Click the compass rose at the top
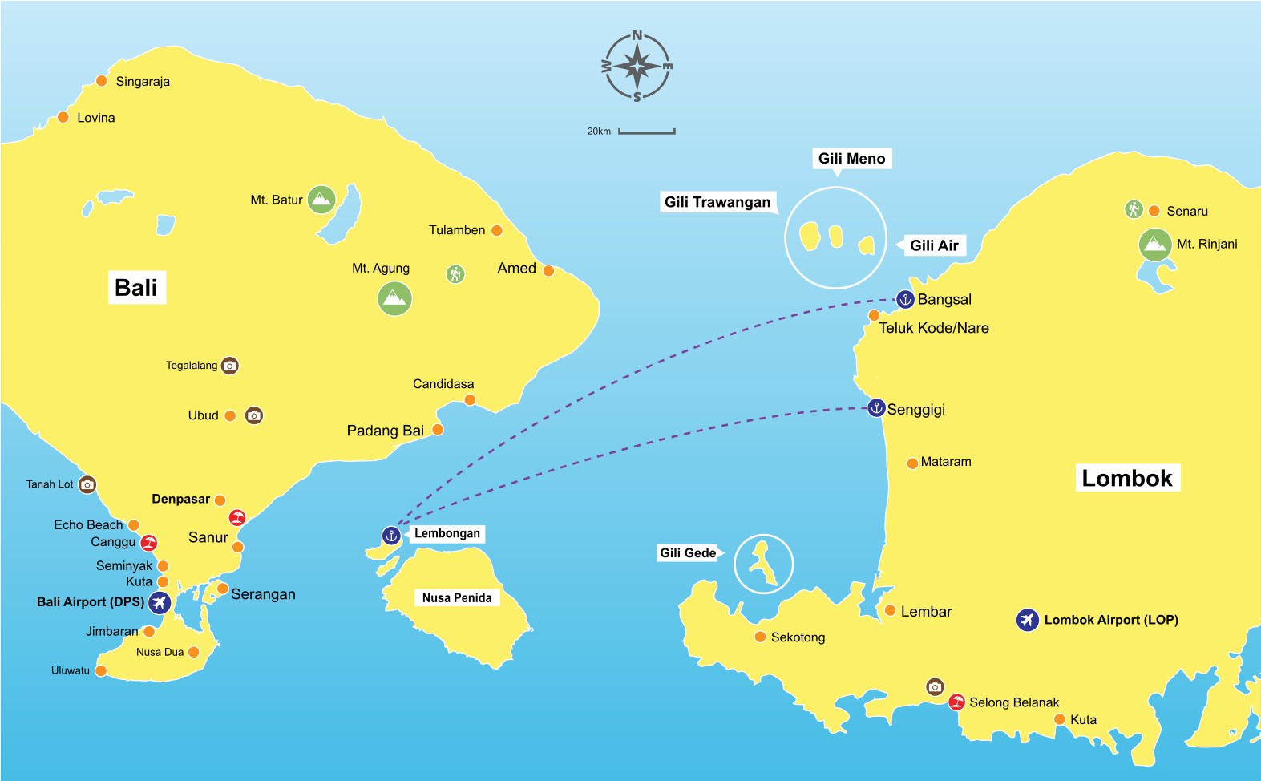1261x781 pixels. [637, 67]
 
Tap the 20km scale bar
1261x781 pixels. [646, 131]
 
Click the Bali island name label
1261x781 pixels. [136, 288]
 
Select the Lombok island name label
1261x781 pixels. [1126, 479]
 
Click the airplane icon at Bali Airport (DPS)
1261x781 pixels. [160, 602]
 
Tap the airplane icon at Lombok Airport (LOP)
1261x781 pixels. [1028, 620]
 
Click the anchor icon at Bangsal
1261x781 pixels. [905, 299]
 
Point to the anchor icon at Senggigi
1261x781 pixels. [876, 407]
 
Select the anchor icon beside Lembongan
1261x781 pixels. [390, 535]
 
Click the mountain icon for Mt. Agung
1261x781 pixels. [394, 299]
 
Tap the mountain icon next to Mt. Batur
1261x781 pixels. [321, 200]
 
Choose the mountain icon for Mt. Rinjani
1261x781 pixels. [1155, 245]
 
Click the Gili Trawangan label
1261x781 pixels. [717, 202]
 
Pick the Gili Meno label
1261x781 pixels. [851, 159]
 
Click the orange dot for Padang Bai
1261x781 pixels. [438, 430]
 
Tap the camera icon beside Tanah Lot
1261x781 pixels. [87, 484]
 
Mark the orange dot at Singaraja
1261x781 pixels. [102, 81]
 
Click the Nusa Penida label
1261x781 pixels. [457, 597]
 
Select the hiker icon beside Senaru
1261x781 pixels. [1133, 210]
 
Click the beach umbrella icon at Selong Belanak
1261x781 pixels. [956, 702]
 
